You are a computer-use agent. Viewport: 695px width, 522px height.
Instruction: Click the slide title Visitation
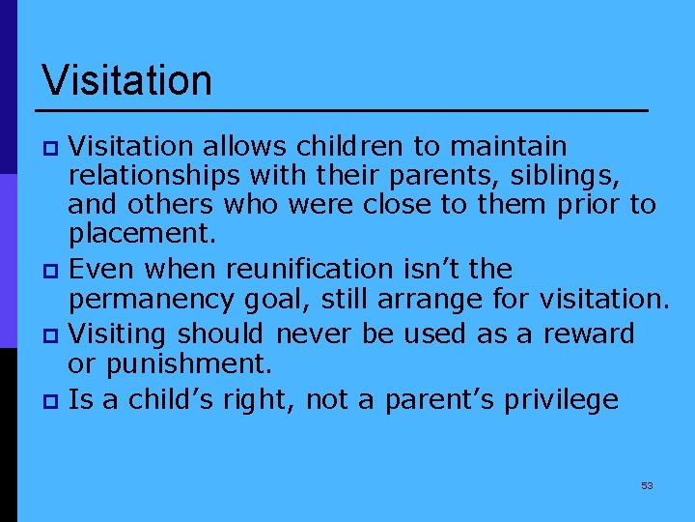point(126,80)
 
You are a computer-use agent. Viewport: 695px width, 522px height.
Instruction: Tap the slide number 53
point(647,485)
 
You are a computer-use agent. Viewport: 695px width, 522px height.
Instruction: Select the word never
point(314,334)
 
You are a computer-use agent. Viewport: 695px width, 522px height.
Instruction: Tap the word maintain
point(508,146)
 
